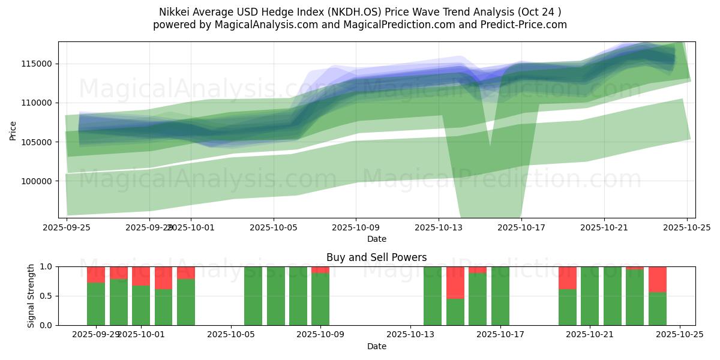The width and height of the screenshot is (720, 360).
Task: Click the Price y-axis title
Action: [x=13, y=130]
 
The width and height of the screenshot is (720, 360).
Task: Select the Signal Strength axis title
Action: [x=31, y=296]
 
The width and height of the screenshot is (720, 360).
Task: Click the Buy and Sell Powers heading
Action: [x=377, y=257]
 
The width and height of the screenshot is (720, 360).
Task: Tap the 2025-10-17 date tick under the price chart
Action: [x=521, y=227]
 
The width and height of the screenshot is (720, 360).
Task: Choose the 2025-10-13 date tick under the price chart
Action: [x=438, y=227]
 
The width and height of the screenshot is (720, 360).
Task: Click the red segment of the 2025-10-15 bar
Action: [x=455, y=282]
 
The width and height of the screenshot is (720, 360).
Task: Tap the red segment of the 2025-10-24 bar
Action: [x=658, y=279]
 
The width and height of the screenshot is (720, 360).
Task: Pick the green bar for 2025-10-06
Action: [x=253, y=296]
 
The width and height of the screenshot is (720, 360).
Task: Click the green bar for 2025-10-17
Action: [x=500, y=296]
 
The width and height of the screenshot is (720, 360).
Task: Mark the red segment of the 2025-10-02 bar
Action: [x=163, y=278]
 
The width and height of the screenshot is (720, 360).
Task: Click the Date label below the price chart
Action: [x=377, y=239]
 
